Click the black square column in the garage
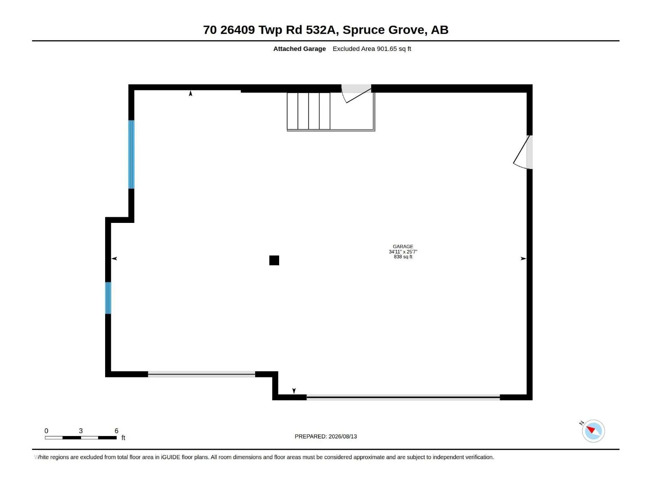[274, 260]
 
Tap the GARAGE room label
[403, 247]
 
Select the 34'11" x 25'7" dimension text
[403, 252]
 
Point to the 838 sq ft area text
[403, 257]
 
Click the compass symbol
[593, 431]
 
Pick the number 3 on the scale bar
[81, 431]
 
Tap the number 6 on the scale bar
[117, 431]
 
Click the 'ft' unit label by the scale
[123, 438]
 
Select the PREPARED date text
[326, 436]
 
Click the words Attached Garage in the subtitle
[300, 48]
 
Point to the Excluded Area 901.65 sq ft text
[372, 48]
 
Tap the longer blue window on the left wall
[131, 154]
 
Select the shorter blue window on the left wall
[108, 298]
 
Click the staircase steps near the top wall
[308, 111]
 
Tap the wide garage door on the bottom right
[403, 397]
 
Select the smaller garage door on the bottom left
[201, 374]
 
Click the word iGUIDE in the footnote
[170, 457]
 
